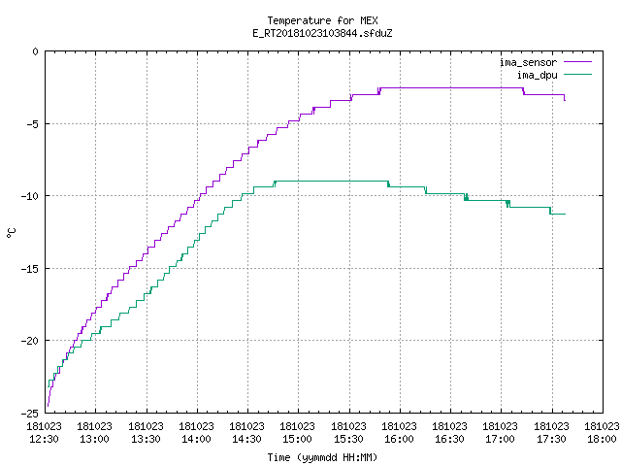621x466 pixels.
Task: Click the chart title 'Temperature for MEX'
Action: tap(322, 20)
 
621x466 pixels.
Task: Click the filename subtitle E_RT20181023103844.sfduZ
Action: tap(322, 33)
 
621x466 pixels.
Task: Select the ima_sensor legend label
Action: tap(528, 62)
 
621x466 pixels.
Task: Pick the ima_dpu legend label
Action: tap(537, 75)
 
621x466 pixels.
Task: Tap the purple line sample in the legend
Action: tap(577, 62)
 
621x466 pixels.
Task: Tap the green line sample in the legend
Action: tap(577, 74)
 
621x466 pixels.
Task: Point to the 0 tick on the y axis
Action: tap(35, 51)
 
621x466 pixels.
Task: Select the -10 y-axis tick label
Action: tap(30, 196)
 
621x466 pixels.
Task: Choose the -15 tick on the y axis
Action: tap(30, 269)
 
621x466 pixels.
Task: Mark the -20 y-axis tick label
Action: tap(30, 341)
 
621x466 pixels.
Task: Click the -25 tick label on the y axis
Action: tap(30, 414)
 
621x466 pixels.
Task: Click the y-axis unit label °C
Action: tap(11, 233)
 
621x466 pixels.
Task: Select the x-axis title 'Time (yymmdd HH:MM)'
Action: tap(322, 457)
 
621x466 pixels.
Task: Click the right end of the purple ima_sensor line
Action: tap(565, 101)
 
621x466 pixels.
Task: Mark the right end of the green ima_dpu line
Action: tap(565, 214)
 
